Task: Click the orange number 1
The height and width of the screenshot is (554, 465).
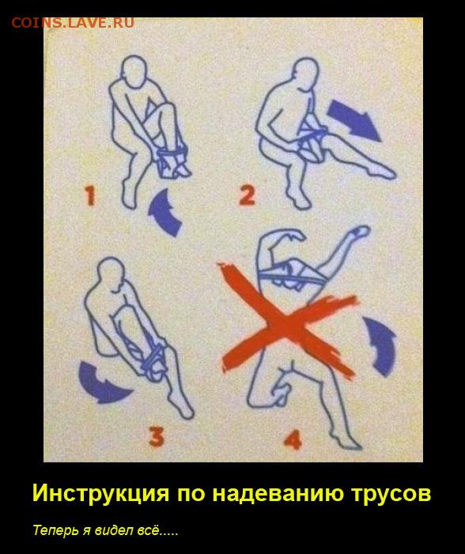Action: tap(90, 196)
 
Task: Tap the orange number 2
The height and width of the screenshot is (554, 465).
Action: tap(247, 195)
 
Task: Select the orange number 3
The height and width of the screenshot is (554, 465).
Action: tap(157, 437)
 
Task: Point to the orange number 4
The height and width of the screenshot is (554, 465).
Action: tap(293, 439)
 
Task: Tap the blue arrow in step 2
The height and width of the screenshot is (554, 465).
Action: tap(353, 120)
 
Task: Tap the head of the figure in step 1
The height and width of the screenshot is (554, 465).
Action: tap(134, 70)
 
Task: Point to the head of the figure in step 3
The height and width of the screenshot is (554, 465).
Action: tap(111, 274)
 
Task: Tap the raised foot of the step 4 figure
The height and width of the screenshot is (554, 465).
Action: tap(361, 232)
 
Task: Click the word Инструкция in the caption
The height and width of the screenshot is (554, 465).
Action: tap(101, 493)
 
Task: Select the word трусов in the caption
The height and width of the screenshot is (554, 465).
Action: tap(391, 494)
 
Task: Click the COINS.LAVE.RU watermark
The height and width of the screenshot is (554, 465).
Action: tap(73, 23)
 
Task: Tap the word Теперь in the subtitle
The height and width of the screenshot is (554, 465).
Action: tap(56, 530)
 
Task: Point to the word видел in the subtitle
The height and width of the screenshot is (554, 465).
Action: tap(112, 530)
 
